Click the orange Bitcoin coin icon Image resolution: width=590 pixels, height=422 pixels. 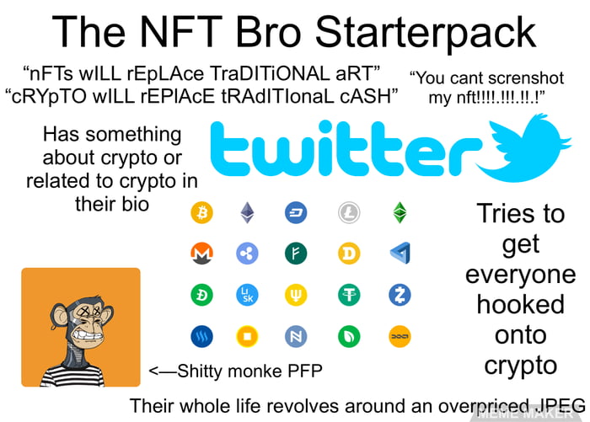pos(202,212)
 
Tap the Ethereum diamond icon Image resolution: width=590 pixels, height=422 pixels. pos(247,212)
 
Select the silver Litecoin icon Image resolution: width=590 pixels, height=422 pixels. pos(349,212)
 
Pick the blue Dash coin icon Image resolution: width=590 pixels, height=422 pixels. pos(297,212)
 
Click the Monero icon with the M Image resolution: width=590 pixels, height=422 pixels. pos(202,253)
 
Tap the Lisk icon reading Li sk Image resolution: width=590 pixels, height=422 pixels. pos(247,295)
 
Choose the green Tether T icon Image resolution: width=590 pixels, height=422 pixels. pos(349,295)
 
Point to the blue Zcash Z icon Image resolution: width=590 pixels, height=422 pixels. pos(399,295)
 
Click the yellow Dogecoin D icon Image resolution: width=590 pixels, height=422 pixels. pos(349,253)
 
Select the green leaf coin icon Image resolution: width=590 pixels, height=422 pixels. pos(349,337)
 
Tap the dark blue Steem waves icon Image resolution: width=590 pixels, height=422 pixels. pos(202,337)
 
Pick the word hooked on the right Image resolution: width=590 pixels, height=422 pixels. pos(520,304)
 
